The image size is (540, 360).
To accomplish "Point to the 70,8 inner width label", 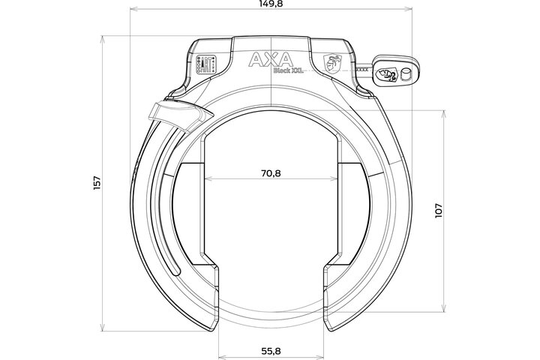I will coord(270,172).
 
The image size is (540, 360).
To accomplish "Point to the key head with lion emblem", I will coord(387,73).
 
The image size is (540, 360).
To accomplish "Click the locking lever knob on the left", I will coord(172,114).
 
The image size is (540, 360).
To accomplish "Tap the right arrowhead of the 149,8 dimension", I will coord(410,11).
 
